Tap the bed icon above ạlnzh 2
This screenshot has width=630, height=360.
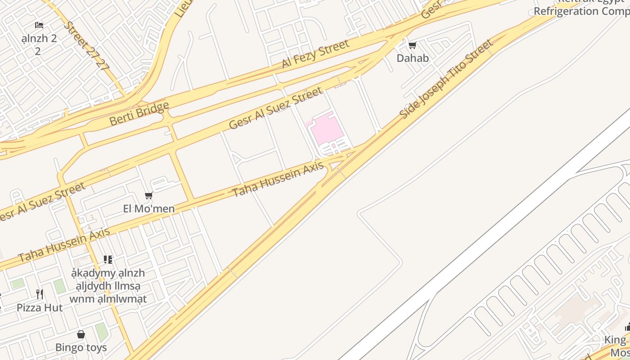point(39,25)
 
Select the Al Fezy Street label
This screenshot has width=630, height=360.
point(315,54)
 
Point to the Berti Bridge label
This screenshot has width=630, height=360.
point(139,113)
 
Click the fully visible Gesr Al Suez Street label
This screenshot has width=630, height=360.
point(275,108)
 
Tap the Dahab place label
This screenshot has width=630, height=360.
point(412,58)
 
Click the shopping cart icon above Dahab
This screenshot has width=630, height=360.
point(412,45)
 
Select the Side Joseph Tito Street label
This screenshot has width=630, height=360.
point(445,79)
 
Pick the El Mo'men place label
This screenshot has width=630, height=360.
point(148,209)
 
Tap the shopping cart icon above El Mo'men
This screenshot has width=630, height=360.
point(149,196)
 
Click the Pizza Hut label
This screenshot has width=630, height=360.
point(40,308)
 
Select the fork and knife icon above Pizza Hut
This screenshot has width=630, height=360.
point(40,294)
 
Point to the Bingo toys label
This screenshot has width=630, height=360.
point(81,347)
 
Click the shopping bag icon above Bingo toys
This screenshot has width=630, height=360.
point(81,334)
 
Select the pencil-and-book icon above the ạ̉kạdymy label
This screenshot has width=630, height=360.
point(108,260)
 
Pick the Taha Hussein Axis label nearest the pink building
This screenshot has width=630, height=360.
point(278,180)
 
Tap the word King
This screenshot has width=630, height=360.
point(615,340)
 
